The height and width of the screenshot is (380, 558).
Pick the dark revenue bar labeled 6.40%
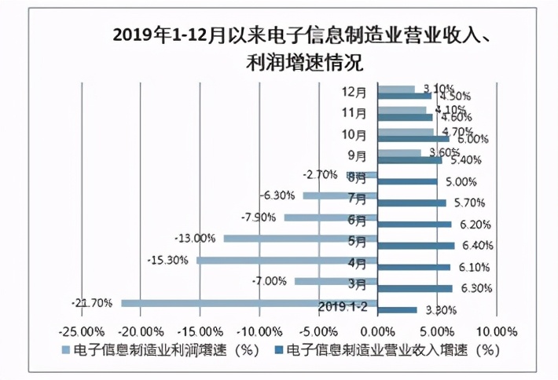[416, 246]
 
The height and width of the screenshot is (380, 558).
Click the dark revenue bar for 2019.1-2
[398, 310]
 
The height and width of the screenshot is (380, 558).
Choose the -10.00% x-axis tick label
[259, 331]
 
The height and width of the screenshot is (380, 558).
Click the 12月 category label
[354, 92]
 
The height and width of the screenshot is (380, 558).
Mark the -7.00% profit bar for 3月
[336, 281]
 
